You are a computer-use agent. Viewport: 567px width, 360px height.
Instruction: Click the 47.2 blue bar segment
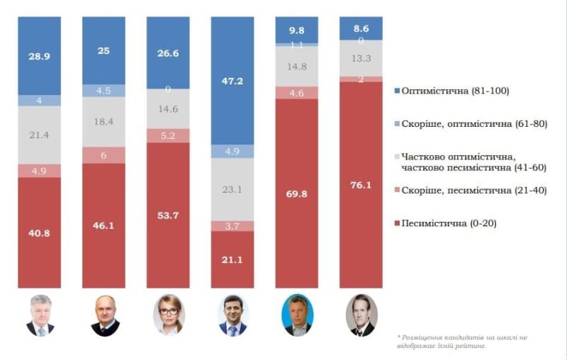coord(232,81)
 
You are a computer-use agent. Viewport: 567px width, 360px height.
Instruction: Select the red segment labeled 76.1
coord(361,184)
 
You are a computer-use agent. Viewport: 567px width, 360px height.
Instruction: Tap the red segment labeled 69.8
coord(296,193)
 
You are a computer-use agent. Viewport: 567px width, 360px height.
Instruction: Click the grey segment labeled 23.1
coord(232,189)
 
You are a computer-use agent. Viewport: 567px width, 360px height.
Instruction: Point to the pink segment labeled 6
coord(103,155)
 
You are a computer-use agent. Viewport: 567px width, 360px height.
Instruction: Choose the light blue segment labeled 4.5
coord(103,91)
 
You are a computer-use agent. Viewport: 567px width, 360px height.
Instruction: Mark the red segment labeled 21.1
coord(232,259)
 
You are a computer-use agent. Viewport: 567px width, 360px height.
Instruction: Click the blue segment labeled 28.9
coord(39,55)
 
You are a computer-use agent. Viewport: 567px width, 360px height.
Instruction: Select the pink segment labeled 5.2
coord(168,135)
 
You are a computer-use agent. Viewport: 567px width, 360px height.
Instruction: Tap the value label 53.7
coord(168,215)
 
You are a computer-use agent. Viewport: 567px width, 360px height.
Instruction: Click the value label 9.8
coord(296,30)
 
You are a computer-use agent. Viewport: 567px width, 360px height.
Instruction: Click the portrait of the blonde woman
coord(168,315)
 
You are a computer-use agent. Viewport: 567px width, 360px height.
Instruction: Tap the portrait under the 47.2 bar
coord(232,315)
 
